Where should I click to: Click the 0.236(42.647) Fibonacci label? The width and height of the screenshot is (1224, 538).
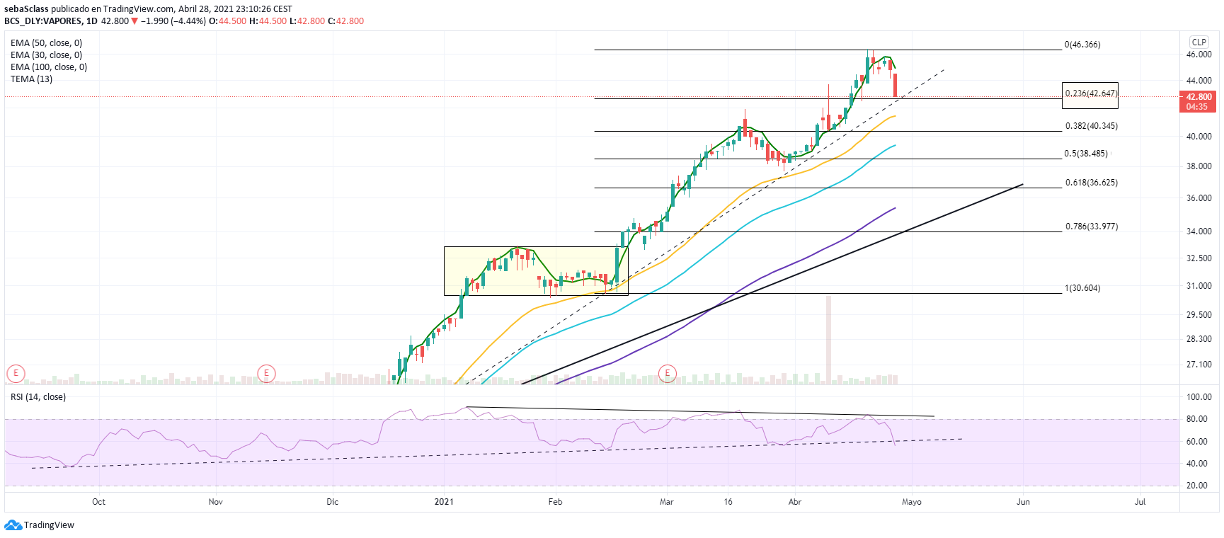pos(1091,93)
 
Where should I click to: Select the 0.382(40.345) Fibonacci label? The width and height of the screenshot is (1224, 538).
pos(1091,126)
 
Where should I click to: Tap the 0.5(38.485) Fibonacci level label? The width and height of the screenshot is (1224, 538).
pos(1086,154)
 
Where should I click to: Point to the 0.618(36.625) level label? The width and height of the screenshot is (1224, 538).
pos(1091,183)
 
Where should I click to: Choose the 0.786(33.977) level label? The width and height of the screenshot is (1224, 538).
pos(1091,227)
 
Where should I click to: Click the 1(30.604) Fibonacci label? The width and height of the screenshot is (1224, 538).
pos(1082,288)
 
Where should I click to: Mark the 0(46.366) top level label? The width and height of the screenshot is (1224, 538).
pos(1082,45)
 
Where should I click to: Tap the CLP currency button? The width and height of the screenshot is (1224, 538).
pos(1199,42)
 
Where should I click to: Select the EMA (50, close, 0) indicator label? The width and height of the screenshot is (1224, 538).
pos(46,43)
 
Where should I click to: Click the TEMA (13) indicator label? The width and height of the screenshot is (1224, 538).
pos(31,79)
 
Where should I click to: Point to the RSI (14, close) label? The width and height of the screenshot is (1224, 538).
pos(38,397)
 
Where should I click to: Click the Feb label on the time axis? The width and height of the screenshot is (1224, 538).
pos(555,502)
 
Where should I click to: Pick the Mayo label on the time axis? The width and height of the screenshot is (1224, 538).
pos(911,502)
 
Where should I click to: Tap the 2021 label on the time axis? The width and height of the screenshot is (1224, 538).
pos(444,502)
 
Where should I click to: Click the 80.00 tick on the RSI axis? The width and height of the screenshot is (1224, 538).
pos(1197,419)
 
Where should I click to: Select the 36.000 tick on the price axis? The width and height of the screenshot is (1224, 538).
pos(1199,198)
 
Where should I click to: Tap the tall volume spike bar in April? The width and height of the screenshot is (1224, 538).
pos(828,340)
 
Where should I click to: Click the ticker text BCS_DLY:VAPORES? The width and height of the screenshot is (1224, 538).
pos(43,21)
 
